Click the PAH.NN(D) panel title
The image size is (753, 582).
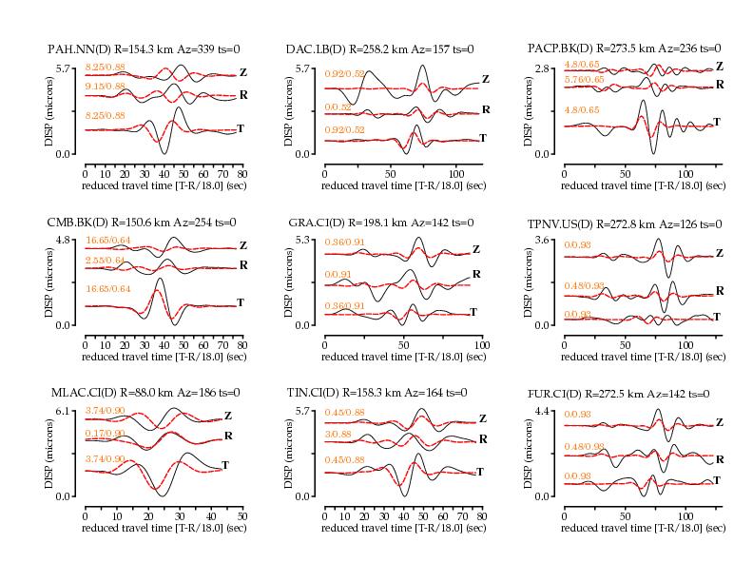tap(144, 48)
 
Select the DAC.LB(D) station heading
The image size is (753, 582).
tap(379, 48)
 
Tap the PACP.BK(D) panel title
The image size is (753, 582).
tap(623, 48)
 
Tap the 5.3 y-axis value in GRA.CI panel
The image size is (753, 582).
tap(303, 240)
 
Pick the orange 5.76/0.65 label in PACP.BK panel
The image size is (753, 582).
tap(583, 79)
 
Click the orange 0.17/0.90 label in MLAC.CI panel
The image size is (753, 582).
tap(105, 434)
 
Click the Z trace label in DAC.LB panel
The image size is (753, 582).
tap(486, 79)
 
